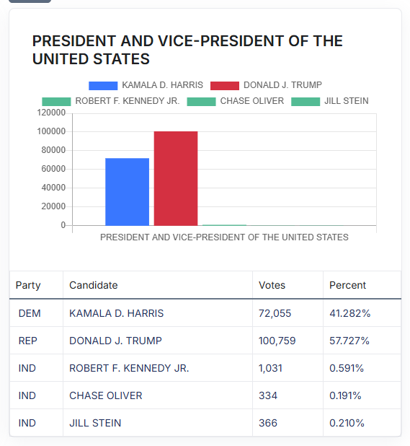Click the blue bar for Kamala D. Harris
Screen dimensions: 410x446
[x=127, y=192]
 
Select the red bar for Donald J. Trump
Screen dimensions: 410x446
[x=176, y=178]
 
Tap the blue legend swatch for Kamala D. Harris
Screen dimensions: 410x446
[x=103, y=86]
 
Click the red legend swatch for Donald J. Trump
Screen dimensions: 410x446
[x=225, y=86]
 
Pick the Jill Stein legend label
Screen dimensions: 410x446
[x=347, y=101]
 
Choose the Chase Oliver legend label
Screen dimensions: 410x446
[x=252, y=101]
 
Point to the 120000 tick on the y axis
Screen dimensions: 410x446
[x=51, y=113]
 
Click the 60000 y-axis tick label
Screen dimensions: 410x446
[x=53, y=169]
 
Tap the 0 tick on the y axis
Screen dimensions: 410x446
[x=63, y=225]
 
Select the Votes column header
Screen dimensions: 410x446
[x=272, y=285]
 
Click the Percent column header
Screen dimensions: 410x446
[x=347, y=285]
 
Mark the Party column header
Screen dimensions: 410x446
[x=28, y=286]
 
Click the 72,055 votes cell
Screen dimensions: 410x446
[x=275, y=313]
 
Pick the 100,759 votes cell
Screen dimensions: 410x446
[x=277, y=341]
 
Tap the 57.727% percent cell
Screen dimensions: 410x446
[x=349, y=341]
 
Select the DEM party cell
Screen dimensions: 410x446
[x=30, y=313]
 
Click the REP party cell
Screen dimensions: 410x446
[x=28, y=341]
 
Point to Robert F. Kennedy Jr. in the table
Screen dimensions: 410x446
[x=129, y=368]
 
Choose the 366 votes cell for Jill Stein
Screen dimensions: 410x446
[x=268, y=423]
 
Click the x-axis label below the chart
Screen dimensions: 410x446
[x=224, y=237]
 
